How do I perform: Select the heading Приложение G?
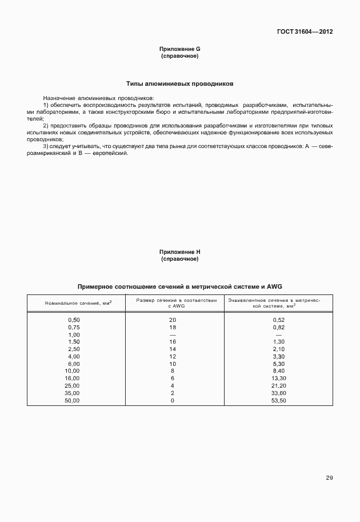[x=180, y=50]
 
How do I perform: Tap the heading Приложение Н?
[x=180, y=252]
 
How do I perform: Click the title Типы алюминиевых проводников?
[x=180, y=83]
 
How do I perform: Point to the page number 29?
[x=329, y=477]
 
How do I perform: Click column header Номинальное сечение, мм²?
[x=78, y=302]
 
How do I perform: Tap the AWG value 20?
[x=173, y=319]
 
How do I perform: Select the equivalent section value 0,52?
[x=279, y=319]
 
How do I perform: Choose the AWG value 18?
[x=173, y=326]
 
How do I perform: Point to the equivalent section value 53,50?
[x=279, y=401]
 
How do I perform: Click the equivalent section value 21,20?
[x=279, y=386]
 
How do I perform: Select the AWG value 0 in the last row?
[x=173, y=401]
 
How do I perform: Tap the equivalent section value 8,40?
[x=279, y=371]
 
